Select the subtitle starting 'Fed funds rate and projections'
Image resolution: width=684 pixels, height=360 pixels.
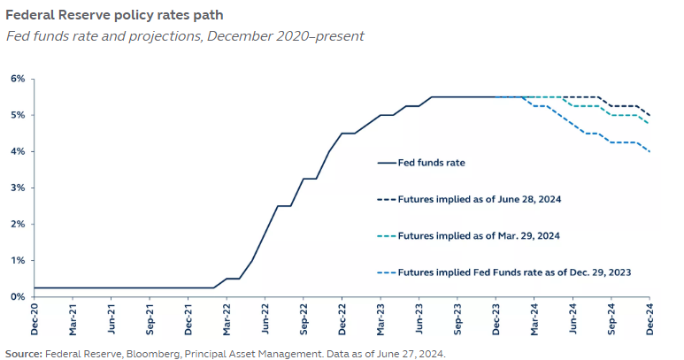coord(184,36)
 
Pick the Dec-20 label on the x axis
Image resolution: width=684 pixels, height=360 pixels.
coord(34,317)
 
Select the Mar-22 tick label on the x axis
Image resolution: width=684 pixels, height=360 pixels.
coord(227,317)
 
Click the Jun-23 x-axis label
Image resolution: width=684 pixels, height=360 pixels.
coord(419,317)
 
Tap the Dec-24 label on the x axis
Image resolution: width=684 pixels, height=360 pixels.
coord(649,317)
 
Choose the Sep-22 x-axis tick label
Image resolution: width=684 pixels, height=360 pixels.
coord(304,317)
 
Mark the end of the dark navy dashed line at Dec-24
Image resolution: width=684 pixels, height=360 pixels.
coord(649,115)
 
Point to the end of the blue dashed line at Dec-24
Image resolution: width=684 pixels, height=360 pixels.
coord(649,151)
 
